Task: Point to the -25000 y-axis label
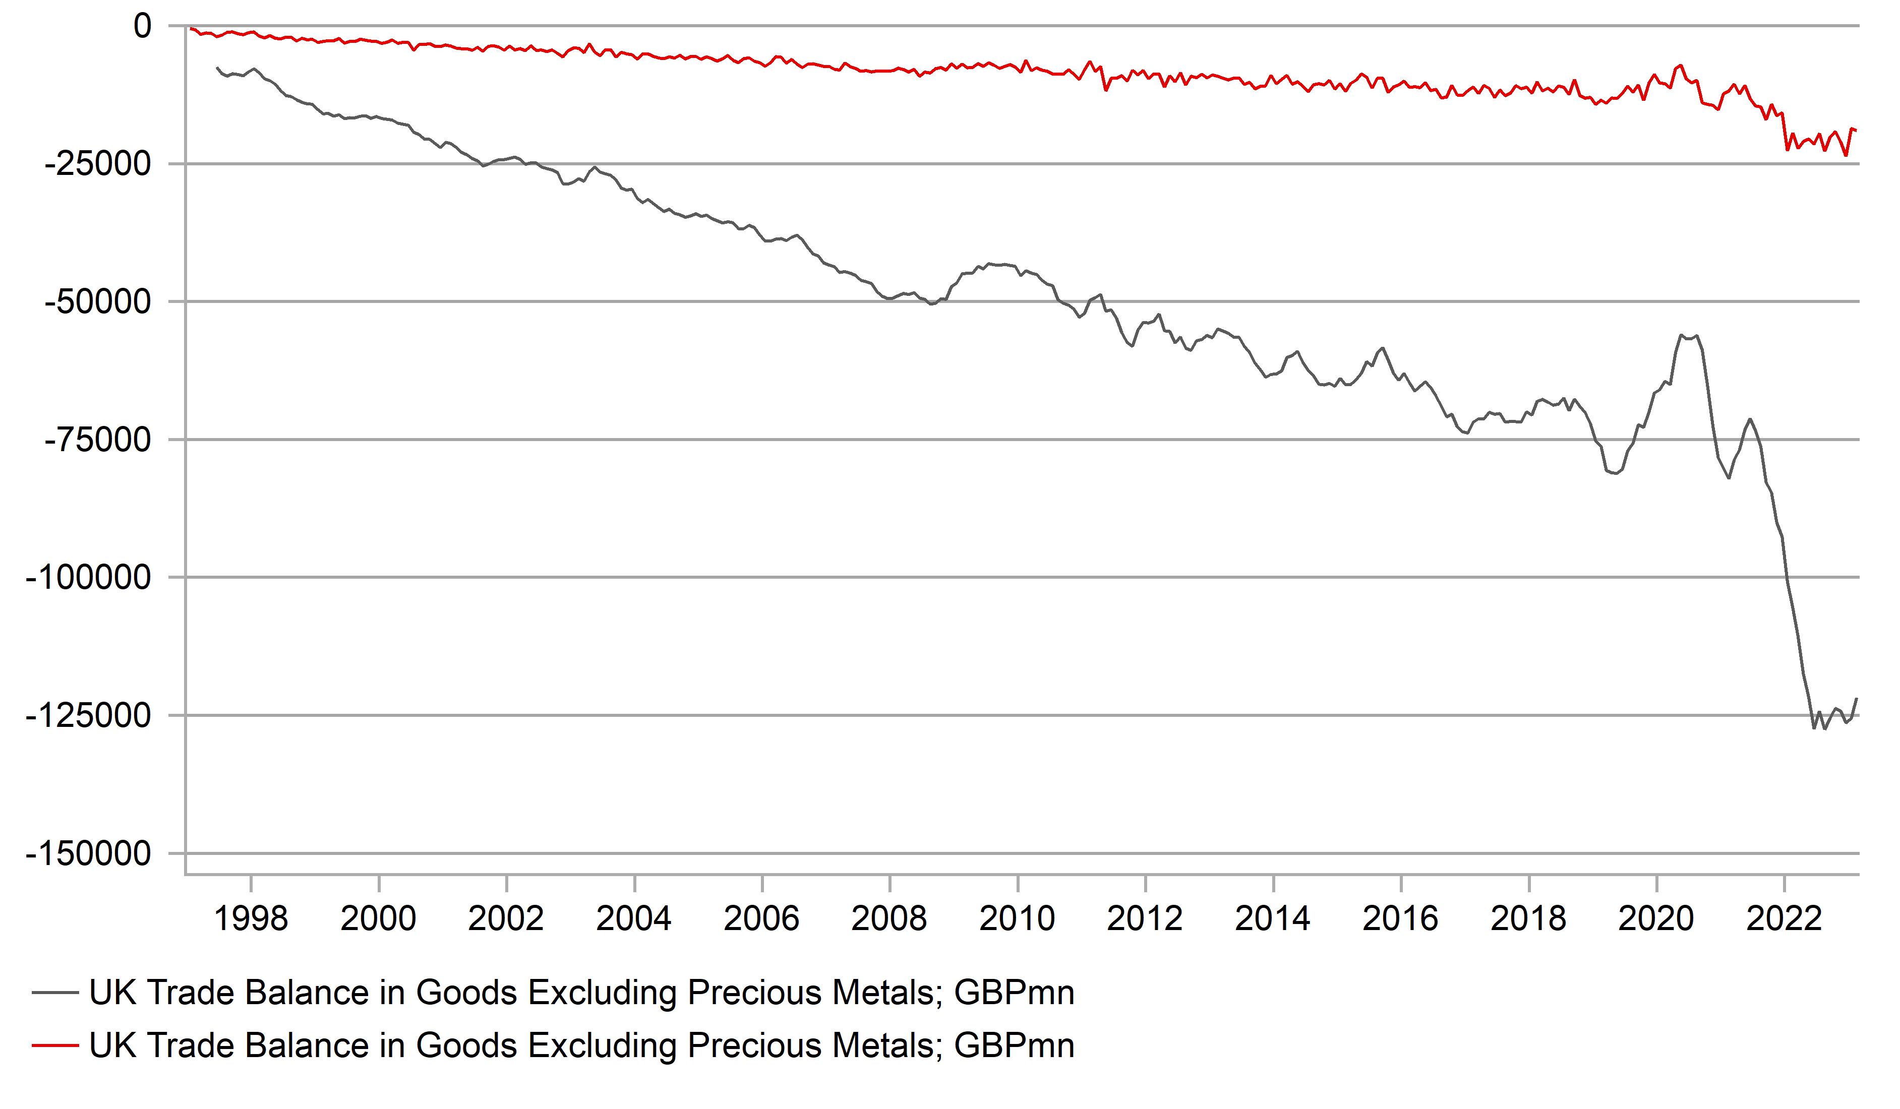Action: coord(98,164)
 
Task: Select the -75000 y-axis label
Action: coord(98,440)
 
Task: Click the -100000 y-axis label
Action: coord(88,578)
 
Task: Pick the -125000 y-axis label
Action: coord(88,715)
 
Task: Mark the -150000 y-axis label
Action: coord(88,853)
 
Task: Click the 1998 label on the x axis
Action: coord(251,919)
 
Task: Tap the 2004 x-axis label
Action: coord(634,919)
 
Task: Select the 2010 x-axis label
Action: coord(1017,919)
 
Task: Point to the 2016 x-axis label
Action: coord(1400,919)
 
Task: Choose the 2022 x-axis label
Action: coord(1784,919)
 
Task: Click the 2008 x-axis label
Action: coord(889,919)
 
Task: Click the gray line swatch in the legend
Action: coord(55,993)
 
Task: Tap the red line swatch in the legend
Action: coord(55,1045)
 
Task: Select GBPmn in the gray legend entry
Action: coord(1014,993)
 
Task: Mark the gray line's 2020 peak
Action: coord(1681,335)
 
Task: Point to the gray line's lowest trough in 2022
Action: coord(1824,729)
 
